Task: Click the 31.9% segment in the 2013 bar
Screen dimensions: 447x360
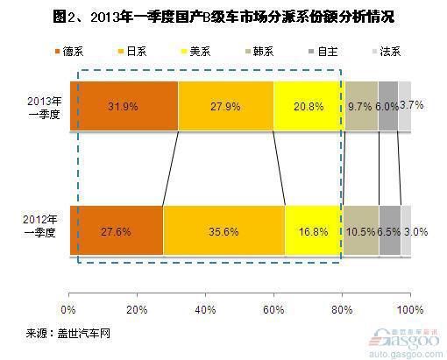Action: pos(124,106)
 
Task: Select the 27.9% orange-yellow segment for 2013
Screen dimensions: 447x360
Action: pos(226,106)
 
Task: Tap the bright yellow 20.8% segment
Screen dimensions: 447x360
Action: pos(309,106)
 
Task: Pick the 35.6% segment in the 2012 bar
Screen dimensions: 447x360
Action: pos(224,230)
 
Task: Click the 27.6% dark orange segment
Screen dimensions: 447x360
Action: pos(117,230)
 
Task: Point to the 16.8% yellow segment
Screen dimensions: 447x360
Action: pos(314,230)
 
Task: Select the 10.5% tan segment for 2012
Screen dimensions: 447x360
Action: pos(361,230)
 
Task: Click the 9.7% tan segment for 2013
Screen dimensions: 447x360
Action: pos(361,106)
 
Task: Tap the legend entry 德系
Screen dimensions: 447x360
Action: pos(69,52)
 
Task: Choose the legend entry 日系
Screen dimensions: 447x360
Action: pos(132,52)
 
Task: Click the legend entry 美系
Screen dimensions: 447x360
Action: pos(195,52)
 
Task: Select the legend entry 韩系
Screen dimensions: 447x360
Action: pos(259,52)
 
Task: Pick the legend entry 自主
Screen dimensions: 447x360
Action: pos(323,52)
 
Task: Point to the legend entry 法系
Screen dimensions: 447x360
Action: pos(387,52)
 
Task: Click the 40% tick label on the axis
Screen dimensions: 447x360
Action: pos(205,309)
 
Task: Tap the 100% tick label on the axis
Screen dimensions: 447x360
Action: pos(410,309)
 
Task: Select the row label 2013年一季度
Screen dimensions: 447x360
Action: pos(45,108)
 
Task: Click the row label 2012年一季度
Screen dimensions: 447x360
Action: pos(40,226)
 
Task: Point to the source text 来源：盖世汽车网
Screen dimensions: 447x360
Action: pos(68,333)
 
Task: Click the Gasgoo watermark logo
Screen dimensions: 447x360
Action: pos(405,343)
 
